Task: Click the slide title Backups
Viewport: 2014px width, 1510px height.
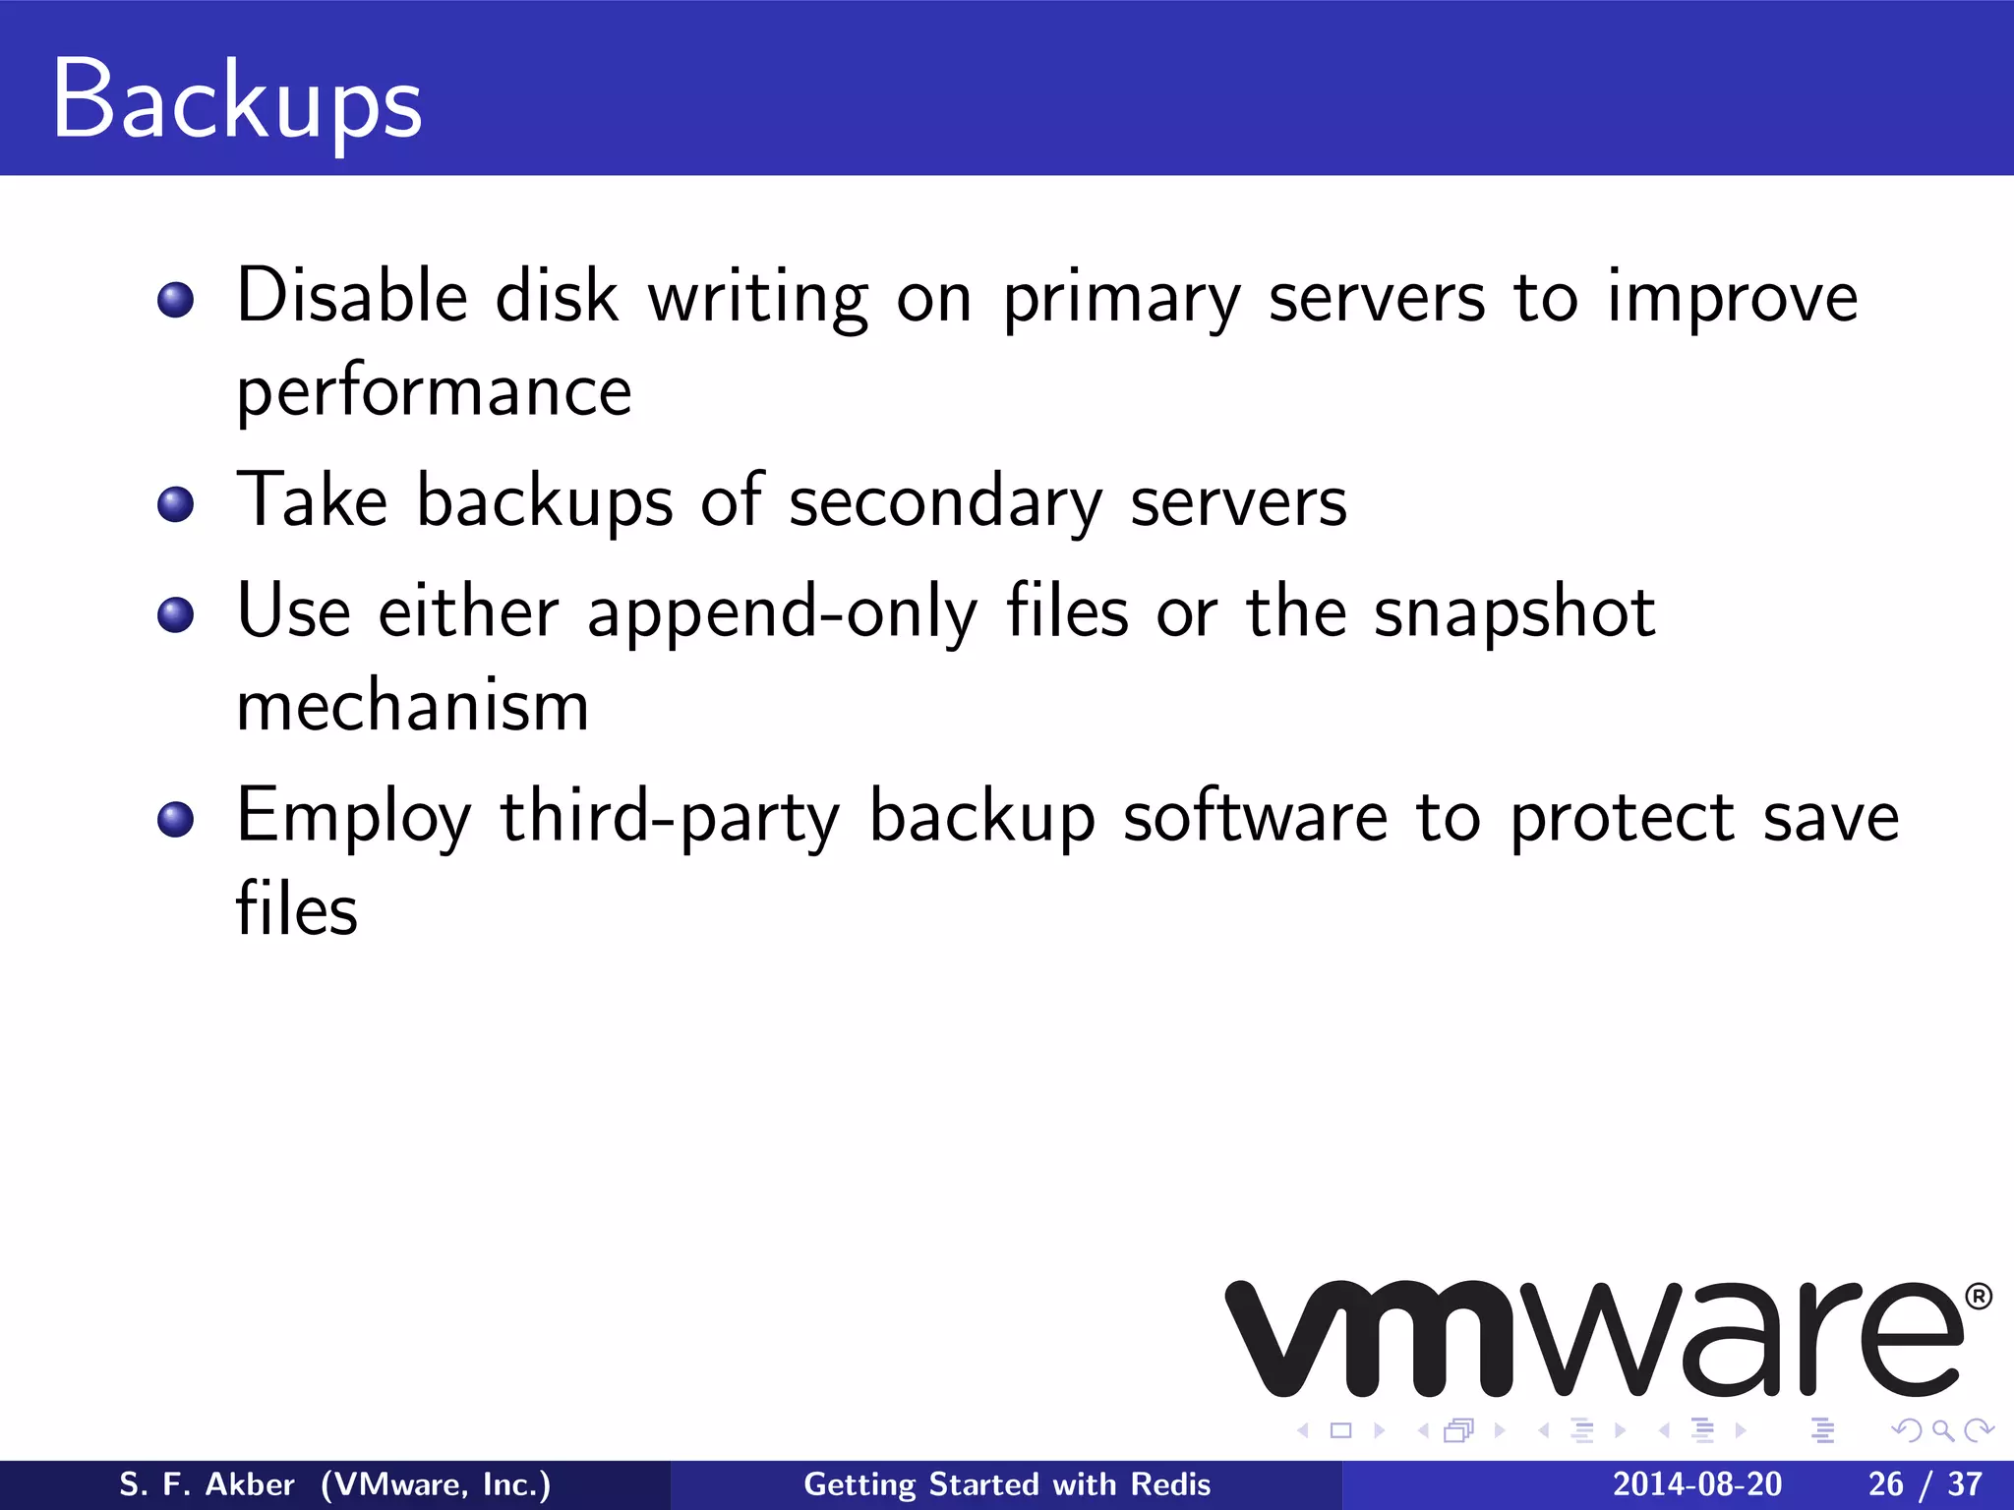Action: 237,100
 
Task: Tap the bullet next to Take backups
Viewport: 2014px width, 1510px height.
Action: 176,504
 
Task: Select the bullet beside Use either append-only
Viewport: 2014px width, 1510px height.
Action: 176,614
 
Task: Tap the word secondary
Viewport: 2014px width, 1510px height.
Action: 945,503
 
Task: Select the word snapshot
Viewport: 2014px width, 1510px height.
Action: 1514,613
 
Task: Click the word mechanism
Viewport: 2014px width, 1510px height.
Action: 413,706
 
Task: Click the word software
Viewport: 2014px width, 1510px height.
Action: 1255,818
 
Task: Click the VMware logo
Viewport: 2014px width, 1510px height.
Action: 1593,1339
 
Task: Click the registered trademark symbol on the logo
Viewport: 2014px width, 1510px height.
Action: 1979,1297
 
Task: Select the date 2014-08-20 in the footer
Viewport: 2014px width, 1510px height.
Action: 1696,1484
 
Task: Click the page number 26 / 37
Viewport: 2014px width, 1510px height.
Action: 1925,1484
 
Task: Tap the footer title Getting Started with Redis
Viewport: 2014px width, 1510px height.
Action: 1007,1484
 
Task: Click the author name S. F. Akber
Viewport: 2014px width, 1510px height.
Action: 207,1484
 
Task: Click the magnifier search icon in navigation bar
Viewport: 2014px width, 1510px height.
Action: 1942,1430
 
